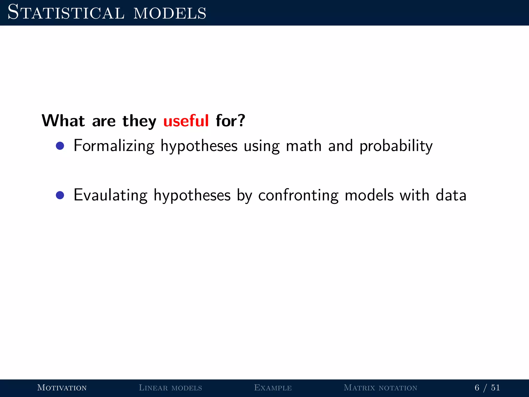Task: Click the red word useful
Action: coord(186,121)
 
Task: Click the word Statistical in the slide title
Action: coord(66,12)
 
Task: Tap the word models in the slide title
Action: coord(170,13)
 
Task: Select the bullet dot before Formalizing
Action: coord(60,146)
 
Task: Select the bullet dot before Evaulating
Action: coord(60,195)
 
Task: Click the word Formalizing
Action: coord(114,146)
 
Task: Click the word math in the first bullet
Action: coord(304,146)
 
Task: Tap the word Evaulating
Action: coord(111,195)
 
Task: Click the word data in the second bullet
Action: coord(451,195)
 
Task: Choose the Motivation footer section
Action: coord(62,388)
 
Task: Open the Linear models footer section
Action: coord(170,388)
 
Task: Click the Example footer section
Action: coord(273,388)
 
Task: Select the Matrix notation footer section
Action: coord(380,388)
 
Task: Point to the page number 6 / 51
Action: coord(487,388)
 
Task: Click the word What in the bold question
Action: coord(63,121)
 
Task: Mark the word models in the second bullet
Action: coord(369,195)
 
